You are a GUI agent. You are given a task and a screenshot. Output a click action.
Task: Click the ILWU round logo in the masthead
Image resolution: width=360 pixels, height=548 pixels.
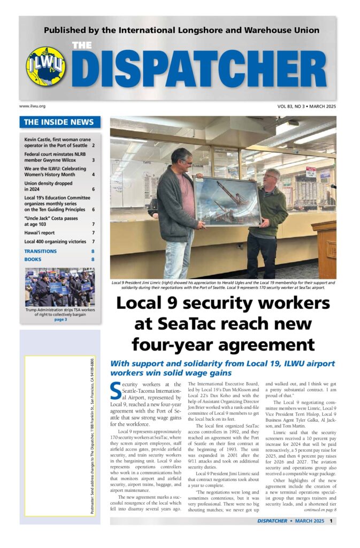(x=46, y=66)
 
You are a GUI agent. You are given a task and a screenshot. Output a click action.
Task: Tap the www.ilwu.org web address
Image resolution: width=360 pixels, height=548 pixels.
(x=32, y=106)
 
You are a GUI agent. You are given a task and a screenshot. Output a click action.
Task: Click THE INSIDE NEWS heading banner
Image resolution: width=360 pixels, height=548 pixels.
(x=59, y=122)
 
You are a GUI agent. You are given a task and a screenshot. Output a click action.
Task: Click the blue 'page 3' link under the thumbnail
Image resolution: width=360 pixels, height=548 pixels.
(x=60, y=319)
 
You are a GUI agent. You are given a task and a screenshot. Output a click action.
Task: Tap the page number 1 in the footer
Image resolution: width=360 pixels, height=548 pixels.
(x=332, y=521)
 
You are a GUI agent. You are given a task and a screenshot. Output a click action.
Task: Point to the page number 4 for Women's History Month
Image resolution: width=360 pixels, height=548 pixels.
(x=93, y=174)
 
